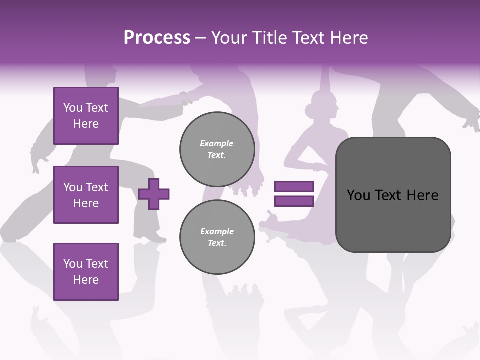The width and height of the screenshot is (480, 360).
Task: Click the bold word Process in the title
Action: click(157, 38)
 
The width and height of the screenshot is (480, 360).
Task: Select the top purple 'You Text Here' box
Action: click(86, 116)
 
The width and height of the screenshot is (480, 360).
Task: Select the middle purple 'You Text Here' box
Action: click(86, 195)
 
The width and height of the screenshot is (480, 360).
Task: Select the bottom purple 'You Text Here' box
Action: click(86, 272)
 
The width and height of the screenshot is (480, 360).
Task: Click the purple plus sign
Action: click(154, 194)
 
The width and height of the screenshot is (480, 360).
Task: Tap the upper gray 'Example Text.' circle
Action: click(217, 149)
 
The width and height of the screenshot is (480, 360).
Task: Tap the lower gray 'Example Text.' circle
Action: click(217, 237)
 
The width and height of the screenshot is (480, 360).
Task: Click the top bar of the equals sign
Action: click(294, 187)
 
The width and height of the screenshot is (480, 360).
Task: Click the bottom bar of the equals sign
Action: click(294, 201)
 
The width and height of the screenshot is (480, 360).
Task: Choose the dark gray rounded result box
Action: click(393, 195)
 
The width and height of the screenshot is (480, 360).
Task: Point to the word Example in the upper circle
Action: click(217, 143)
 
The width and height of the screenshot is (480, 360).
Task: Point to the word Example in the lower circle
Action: click(217, 231)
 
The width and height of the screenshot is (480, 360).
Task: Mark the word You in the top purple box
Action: click(73, 108)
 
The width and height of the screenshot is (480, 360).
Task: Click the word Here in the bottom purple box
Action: click(86, 280)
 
